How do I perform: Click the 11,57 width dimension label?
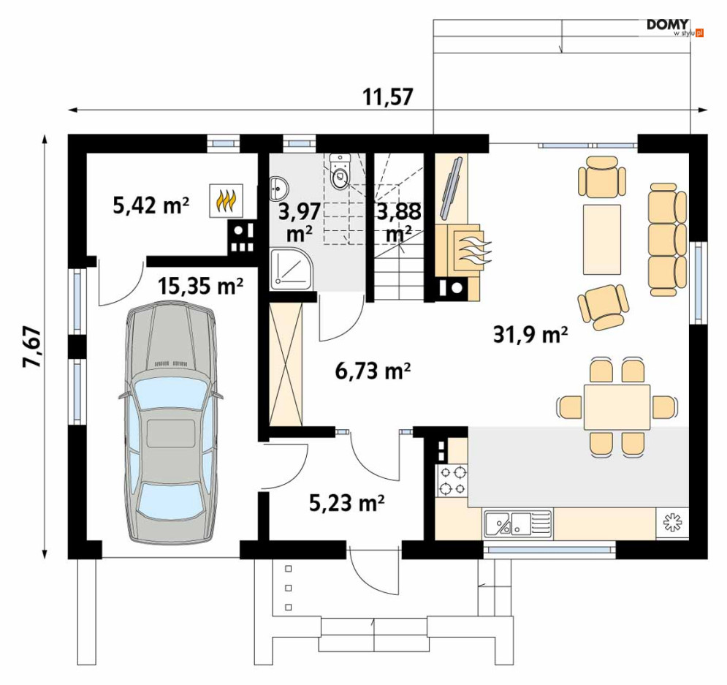click(387, 97)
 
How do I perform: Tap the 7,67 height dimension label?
click(33, 347)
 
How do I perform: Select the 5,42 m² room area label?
click(151, 205)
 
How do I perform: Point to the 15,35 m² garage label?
click(200, 286)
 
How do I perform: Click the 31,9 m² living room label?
click(530, 334)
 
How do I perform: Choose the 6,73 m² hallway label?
click(373, 371)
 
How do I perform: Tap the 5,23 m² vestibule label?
click(347, 503)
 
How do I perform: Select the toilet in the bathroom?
click(341, 172)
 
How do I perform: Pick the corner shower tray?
click(292, 269)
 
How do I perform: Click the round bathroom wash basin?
click(280, 189)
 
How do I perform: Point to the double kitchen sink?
click(518, 524)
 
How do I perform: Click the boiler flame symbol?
click(227, 201)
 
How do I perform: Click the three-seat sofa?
click(667, 239)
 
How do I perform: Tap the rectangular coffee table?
click(602, 239)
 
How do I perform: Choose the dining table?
click(617, 407)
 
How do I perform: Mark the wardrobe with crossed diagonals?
click(286, 364)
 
